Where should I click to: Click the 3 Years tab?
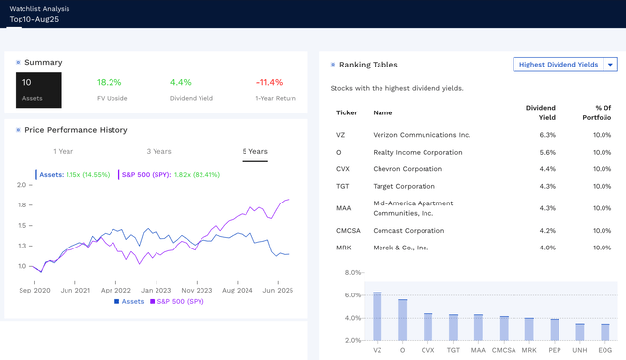click(159, 151)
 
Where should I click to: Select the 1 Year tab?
click(63, 151)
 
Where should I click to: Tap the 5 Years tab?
click(254, 151)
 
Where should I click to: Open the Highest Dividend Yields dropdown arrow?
click(610, 65)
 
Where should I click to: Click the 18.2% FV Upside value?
click(110, 82)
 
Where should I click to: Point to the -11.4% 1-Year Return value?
click(269, 82)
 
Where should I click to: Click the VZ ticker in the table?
click(340, 135)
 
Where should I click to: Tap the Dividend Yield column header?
click(541, 112)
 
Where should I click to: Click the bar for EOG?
click(605, 332)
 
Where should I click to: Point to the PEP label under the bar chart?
click(555, 349)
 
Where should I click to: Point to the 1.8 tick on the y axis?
click(21, 204)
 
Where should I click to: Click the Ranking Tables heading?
click(369, 64)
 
